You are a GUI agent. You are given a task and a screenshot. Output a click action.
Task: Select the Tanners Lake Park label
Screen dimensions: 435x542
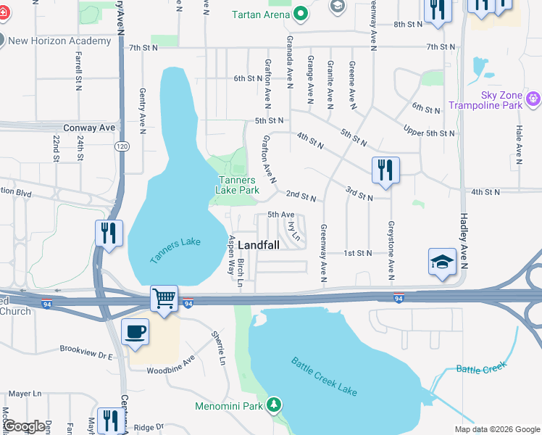(x=237, y=185)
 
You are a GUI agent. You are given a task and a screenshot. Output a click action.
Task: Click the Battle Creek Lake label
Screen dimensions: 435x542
(x=324, y=376)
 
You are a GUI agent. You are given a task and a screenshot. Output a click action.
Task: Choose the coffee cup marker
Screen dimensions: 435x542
(x=135, y=332)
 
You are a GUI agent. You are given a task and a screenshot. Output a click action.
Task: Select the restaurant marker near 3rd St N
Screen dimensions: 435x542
(x=385, y=170)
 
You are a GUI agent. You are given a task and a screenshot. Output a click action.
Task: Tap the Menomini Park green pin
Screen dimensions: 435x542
(x=274, y=404)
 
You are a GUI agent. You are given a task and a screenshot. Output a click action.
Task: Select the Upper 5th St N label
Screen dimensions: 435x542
(x=430, y=133)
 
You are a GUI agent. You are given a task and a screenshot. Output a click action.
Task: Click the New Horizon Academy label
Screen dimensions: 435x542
(x=59, y=41)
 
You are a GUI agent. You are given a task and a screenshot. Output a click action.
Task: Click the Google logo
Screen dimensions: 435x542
(x=25, y=426)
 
